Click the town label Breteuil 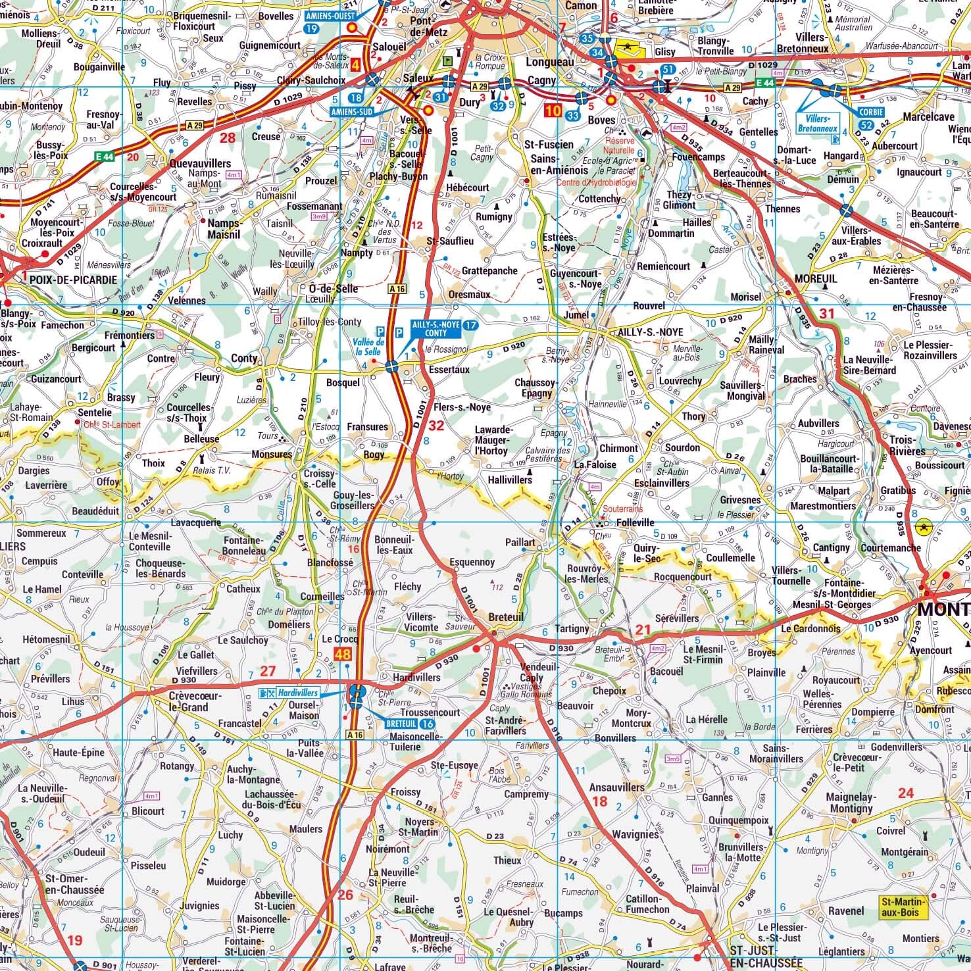click(x=506, y=617)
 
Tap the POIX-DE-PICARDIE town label click(x=73, y=280)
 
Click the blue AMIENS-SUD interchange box click(x=353, y=112)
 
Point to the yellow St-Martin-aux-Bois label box click(x=903, y=907)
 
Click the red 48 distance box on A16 click(x=343, y=654)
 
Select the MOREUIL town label click(x=816, y=279)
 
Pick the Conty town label click(x=244, y=359)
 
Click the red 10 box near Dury click(x=553, y=111)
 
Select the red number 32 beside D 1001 click(x=436, y=426)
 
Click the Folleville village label click(x=635, y=522)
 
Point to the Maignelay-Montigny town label click(x=851, y=803)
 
